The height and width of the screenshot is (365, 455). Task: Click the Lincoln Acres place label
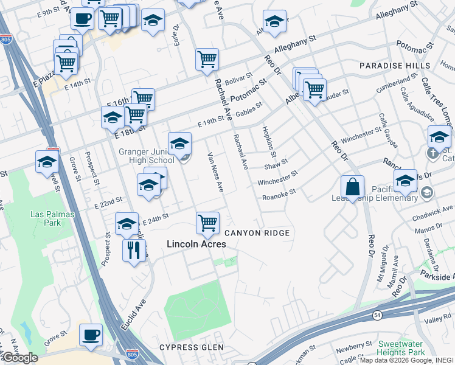[x=196, y=244]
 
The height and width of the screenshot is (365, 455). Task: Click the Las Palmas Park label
[x=46, y=218]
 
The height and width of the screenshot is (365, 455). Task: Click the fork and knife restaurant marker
[x=134, y=249]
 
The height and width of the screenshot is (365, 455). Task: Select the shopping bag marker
[x=353, y=186]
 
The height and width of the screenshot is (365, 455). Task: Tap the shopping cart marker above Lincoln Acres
[x=207, y=223]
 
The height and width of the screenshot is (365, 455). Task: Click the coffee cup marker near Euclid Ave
[x=91, y=335]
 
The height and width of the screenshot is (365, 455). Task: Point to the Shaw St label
[x=276, y=165]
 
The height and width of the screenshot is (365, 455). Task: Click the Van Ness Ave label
[x=215, y=172]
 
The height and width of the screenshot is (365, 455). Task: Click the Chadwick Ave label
[x=436, y=209]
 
